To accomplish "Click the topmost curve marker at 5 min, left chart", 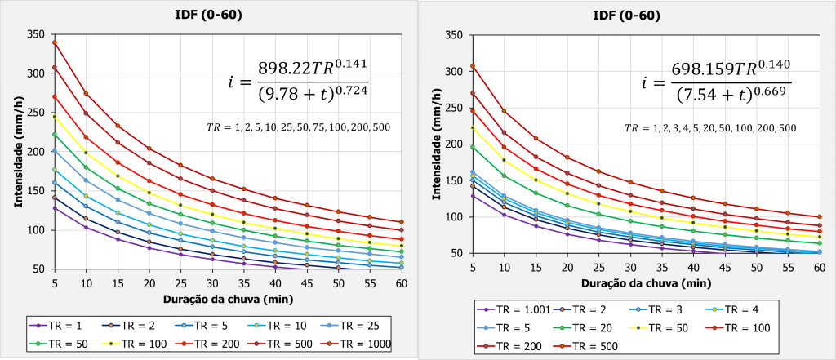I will coord(54,42).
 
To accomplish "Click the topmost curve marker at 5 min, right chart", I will coord(473,66).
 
